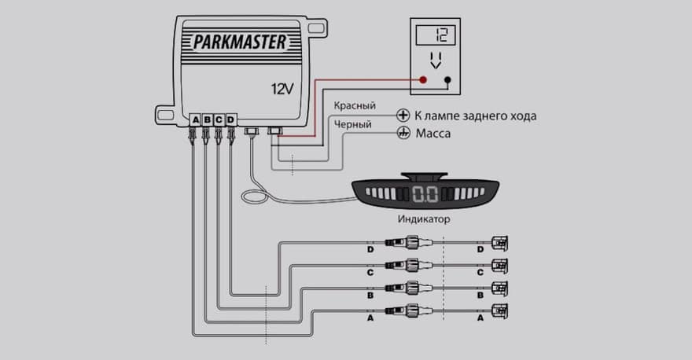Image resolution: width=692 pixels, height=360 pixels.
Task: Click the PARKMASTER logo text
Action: point(240,42)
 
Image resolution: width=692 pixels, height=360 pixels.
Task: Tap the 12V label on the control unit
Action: point(282,89)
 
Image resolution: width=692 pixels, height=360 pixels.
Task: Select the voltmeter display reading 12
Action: point(436,35)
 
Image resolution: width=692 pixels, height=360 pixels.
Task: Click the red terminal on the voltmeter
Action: point(423,80)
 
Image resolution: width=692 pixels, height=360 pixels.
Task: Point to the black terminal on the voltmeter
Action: point(447,80)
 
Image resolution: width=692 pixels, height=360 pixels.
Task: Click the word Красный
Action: point(355,105)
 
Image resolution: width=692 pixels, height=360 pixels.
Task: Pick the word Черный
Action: point(352,125)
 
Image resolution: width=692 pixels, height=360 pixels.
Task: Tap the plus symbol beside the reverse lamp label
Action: point(403,115)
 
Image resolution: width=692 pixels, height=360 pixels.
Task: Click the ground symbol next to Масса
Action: point(403,133)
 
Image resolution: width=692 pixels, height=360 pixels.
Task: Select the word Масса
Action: point(433,134)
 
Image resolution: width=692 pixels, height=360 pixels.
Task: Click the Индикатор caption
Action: point(424,219)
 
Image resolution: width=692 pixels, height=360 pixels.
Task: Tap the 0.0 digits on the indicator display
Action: point(425,194)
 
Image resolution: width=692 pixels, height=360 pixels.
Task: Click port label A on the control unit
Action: point(196,119)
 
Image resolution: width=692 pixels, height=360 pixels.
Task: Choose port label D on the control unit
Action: point(230,119)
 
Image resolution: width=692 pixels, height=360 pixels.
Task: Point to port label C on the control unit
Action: point(219,119)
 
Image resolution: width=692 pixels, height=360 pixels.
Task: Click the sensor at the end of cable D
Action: point(500,243)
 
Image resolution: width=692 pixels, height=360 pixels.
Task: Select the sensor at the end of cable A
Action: point(500,311)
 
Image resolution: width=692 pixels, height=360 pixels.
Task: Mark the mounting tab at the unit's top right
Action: point(318,28)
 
